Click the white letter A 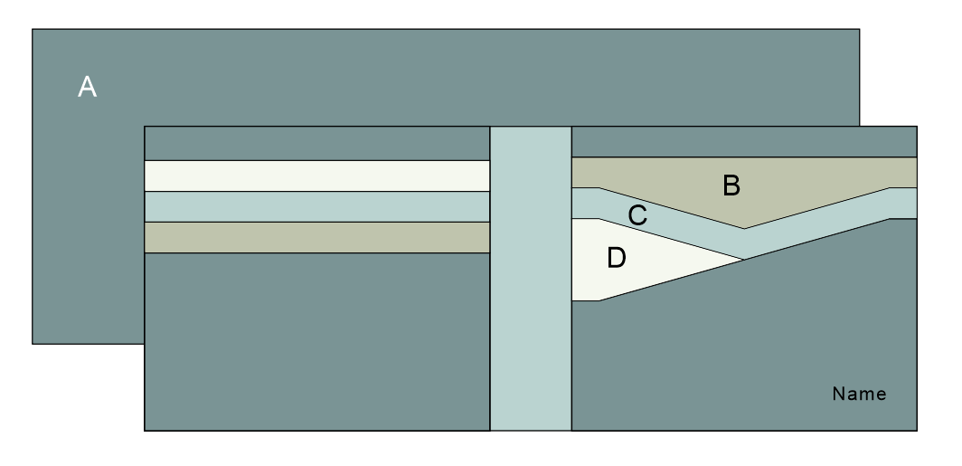pos(87,87)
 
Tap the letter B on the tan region pos(731,185)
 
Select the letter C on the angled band pos(637,216)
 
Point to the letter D pos(616,258)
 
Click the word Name pos(859,395)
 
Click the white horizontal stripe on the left pos(316,176)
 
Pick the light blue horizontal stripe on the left pos(316,206)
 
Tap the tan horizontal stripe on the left pos(316,237)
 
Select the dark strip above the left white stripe pos(316,143)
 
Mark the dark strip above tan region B pos(745,141)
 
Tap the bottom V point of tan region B pos(744,229)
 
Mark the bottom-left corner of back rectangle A pos(33,344)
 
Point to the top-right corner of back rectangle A pos(859,29)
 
